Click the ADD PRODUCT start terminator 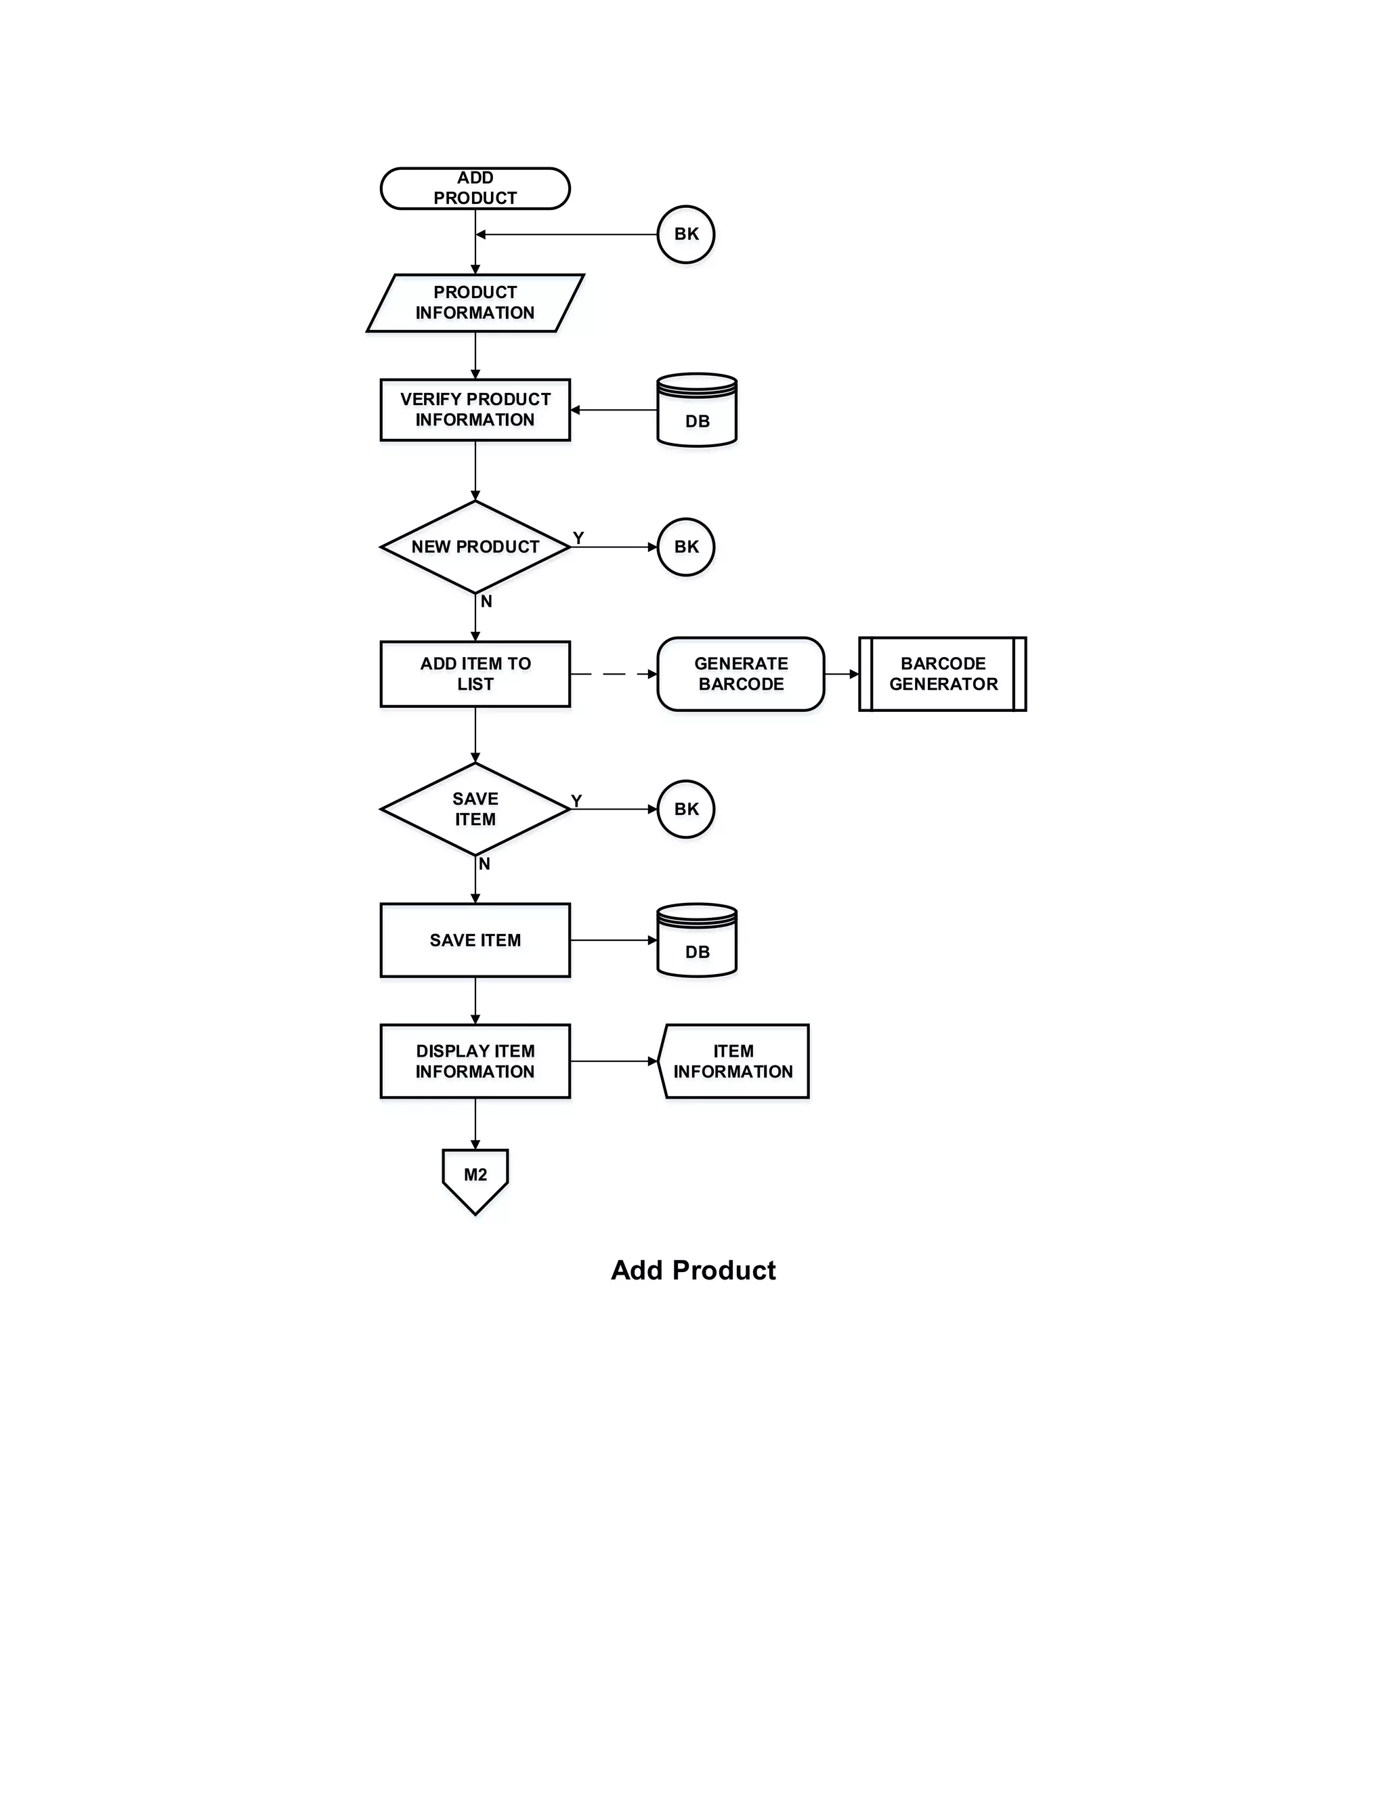pyautogui.click(x=475, y=188)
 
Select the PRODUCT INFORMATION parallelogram pyautogui.click(x=475, y=303)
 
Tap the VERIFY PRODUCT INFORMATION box pyautogui.click(x=475, y=409)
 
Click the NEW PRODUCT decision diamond pyautogui.click(x=475, y=547)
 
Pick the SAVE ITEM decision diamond pyautogui.click(x=475, y=809)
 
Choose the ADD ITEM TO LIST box pyautogui.click(x=475, y=674)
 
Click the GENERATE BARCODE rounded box pyautogui.click(x=740, y=674)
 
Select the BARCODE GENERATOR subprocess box pyautogui.click(x=943, y=674)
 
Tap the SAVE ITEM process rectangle pyautogui.click(x=475, y=940)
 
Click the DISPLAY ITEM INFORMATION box pyautogui.click(x=475, y=1061)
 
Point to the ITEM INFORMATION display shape pyautogui.click(x=733, y=1061)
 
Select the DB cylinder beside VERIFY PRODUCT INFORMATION pyautogui.click(x=697, y=411)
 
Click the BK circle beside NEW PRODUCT pyautogui.click(x=686, y=547)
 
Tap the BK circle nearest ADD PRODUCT pyautogui.click(x=686, y=234)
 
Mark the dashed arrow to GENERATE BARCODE pyautogui.click(x=613, y=674)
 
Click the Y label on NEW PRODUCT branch pyautogui.click(x=578, y=538)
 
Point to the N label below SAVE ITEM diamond pyautogui.click(x=485, y=864)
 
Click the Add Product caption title pyautogui.click(x=693, y=1271)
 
